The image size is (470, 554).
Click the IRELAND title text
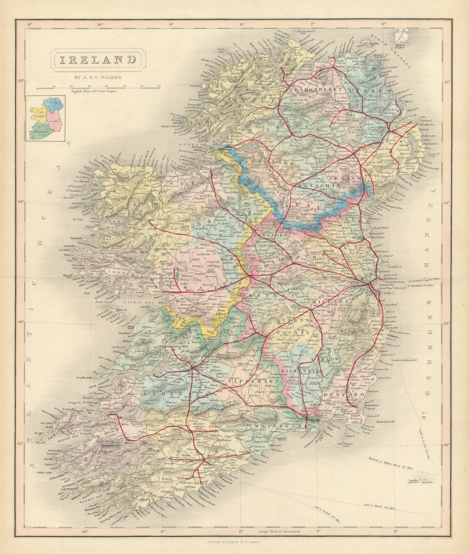[x=98, y=60]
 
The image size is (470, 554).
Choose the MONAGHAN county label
[x=318, y=186]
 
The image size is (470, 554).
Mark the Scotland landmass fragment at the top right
[x=400, y=37]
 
